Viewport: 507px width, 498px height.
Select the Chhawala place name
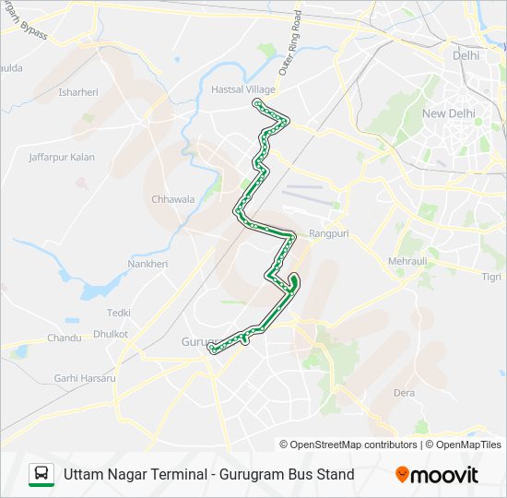173,199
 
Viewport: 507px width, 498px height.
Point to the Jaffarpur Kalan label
62,158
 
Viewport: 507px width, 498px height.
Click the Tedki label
119,314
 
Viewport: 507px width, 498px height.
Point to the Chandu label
65,338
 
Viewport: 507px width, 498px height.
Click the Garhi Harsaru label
85,378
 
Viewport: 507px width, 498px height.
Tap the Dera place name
404,393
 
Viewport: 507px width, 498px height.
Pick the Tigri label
492,277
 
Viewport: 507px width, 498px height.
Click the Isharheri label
78,92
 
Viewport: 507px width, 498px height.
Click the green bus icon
41,475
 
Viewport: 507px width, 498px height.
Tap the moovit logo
437,475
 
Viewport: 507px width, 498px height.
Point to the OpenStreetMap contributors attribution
348,445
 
